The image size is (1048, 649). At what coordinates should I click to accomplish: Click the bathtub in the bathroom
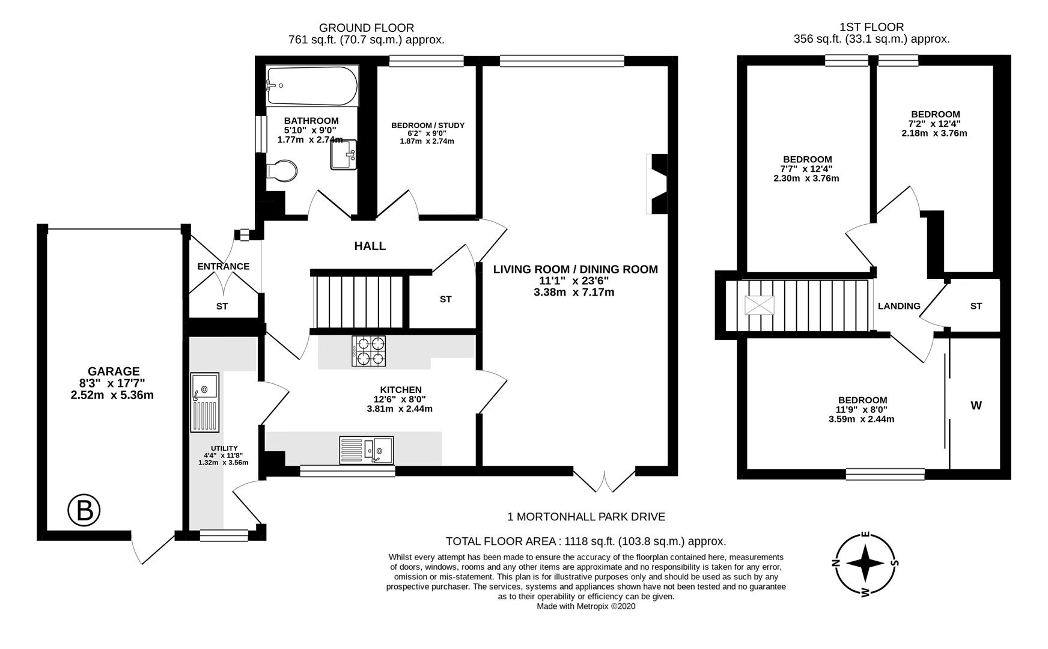point(311,86)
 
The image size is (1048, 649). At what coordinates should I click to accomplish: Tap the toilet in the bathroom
point(281,171)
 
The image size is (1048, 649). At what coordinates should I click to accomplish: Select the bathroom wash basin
point(343,155)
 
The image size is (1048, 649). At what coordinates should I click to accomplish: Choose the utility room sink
point(205,401)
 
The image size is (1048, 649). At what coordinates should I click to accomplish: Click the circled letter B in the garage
point(84,511)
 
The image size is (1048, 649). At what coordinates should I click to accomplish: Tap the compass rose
point(865,564)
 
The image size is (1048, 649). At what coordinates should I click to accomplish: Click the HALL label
point(370,246)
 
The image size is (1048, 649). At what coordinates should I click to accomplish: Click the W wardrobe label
point(976,406)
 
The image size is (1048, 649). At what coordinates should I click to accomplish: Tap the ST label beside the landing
point(976,306)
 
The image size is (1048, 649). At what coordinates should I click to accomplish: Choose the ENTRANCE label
point(223,266)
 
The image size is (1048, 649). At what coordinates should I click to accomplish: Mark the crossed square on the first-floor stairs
point(760,305)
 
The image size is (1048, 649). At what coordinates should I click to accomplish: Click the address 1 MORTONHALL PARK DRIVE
point(586,517)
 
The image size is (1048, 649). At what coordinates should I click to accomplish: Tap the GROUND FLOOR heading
point(366,28)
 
